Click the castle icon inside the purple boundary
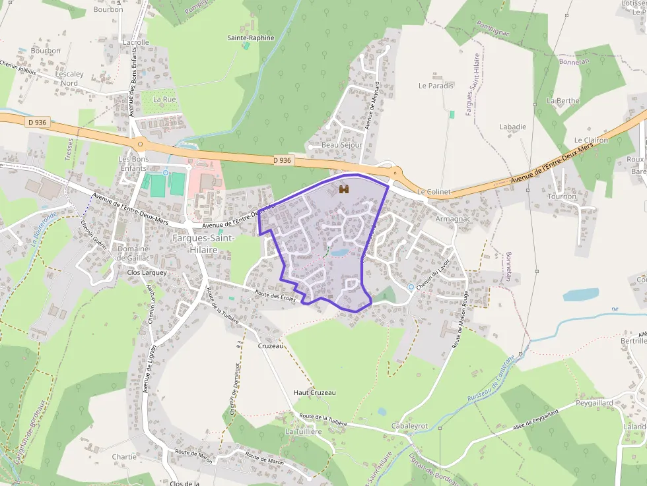point(343,189)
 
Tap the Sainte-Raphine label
point(250,38)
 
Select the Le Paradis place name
point(436,86)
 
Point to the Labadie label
point(512,127)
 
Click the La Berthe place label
point(562,101)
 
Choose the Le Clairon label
point(590,140)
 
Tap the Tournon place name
point(562,197)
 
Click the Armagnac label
point(452,219)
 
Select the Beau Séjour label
point(341,144)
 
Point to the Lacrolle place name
point(136,42)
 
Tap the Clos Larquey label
point(147,272)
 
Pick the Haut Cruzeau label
point(314,392)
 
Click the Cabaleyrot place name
point(409,426)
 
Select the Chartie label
point(124,456)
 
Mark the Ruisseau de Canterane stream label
point(490,382)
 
